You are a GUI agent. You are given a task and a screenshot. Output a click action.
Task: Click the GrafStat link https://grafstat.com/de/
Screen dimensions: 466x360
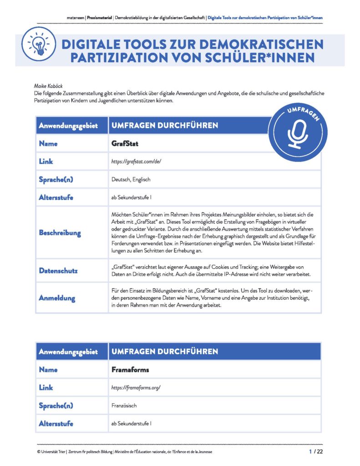pos(137,162)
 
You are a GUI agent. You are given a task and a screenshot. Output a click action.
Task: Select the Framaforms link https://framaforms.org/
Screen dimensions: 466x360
pos(136,388)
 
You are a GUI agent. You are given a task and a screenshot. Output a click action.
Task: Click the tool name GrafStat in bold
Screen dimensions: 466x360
pos(125,143)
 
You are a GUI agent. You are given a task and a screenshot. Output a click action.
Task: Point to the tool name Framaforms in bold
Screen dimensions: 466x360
pos(130,370)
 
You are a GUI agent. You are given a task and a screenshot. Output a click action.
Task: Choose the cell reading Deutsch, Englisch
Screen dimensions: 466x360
pos(131,180)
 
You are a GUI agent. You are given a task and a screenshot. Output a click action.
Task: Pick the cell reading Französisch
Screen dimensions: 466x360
pos(125,405)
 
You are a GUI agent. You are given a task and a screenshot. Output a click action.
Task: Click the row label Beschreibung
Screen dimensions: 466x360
pos(60,233)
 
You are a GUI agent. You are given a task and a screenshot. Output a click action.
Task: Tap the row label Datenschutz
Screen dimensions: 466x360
pos(58,271)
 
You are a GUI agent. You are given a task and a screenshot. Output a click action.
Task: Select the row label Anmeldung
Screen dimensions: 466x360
pos(57,298)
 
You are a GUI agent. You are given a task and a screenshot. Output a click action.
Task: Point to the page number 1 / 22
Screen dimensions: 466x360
pos(315,451)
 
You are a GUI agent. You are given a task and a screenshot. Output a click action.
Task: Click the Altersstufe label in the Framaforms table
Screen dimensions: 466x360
pos(56,423)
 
